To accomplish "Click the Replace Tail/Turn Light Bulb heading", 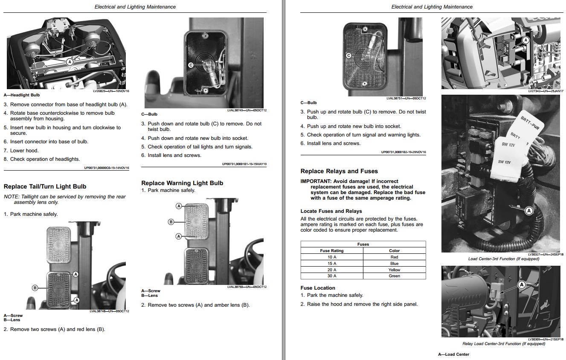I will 45,186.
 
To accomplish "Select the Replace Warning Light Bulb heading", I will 182,183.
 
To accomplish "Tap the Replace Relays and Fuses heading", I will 339,171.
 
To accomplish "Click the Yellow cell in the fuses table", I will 394,270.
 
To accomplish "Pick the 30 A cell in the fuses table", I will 332,276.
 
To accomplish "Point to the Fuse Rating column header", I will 332,251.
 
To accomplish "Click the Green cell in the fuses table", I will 394,276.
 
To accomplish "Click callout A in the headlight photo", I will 70,62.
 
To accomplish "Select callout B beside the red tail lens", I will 35,287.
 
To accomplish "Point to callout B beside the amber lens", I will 171,222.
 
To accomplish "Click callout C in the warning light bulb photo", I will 348,55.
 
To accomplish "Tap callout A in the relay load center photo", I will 521,285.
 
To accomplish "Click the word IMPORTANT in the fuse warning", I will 316,181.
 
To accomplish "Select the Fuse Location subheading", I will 318,288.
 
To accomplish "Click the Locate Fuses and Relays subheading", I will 331,211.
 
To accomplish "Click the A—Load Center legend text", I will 453,354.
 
